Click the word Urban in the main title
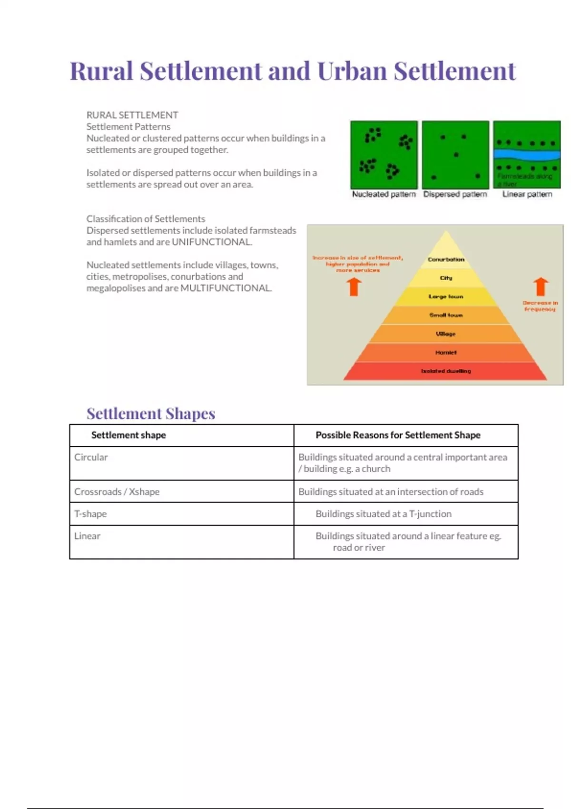[352, 71]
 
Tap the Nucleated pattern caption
[384, 194]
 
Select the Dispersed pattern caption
[455, 194]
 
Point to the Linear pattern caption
[527, 194]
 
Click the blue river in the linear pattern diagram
[527, 155]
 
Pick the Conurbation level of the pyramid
[446, 259]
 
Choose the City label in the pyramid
[446, 278]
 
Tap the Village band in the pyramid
[446, 334]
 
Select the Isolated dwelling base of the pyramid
[446, 371]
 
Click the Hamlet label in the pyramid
[446, 353]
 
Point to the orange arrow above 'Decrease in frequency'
[540, 287]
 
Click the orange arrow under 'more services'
[354, 286]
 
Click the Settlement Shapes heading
[151, 414]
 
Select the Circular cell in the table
[91, 457]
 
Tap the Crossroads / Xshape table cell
[117, 492]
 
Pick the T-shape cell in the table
[90, 514]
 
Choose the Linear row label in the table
[87, 536]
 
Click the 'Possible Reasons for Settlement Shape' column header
[398, 435]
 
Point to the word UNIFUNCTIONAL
[211, 242]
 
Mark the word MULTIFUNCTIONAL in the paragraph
[226, 288]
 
